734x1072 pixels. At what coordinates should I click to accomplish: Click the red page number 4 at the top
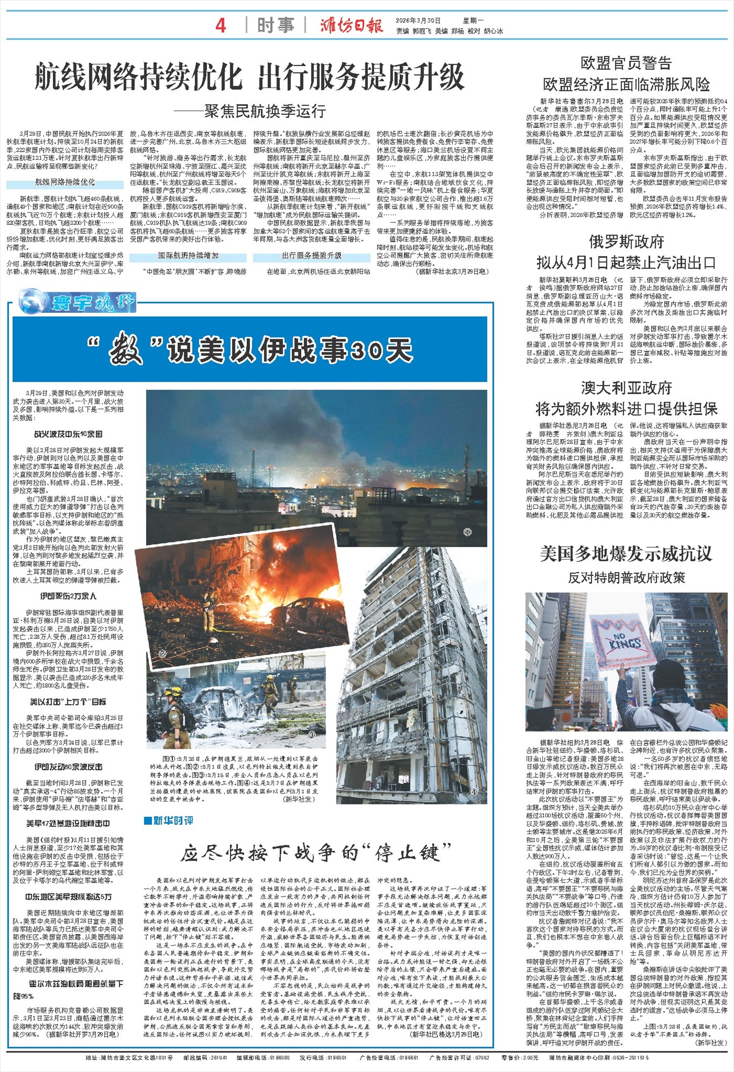[x=221, y=25]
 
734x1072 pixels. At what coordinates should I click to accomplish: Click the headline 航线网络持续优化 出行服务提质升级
[x=249, y=77]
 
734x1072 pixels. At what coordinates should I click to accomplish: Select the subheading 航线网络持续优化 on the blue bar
[x=65, y=182]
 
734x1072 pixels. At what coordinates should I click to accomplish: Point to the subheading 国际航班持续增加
[x=188, y=256]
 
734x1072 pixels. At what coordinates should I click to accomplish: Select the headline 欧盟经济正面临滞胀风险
[x=626, y=85]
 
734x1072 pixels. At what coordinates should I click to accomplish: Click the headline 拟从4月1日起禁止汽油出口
[x=626, y=263]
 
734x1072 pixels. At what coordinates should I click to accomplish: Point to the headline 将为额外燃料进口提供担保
[x=626, y=409]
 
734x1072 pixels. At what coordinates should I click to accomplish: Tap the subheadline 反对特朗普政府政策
[x=626, y=578]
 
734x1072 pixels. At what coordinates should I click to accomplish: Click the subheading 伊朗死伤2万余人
[x=68, y=596]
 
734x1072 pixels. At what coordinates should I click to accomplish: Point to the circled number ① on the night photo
[x=467, y=532]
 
